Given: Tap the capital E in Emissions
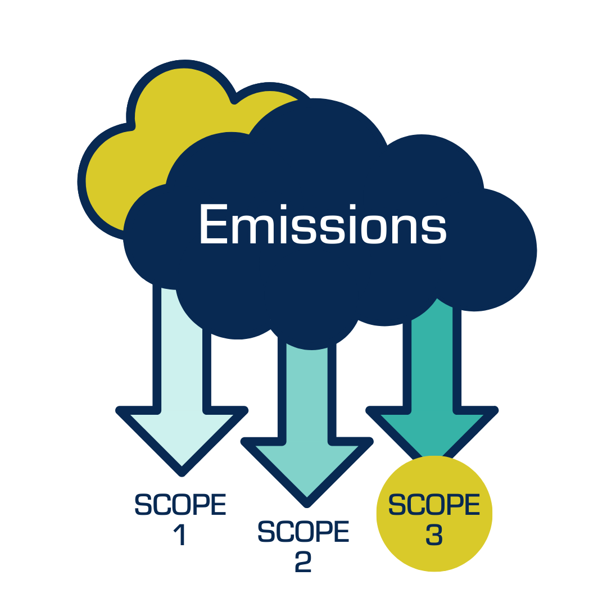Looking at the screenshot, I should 214,223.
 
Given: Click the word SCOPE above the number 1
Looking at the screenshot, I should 180,504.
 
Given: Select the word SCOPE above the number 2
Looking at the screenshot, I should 303,532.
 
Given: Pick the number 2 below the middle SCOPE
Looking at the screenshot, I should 303,562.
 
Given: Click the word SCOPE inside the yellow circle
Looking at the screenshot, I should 434,505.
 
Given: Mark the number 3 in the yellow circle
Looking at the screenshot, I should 433,534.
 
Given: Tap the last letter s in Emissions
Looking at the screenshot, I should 435,230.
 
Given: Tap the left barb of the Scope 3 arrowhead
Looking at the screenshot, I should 388,419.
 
